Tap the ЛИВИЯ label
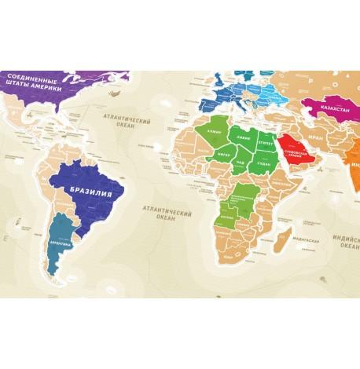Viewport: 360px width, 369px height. pos(243,137)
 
